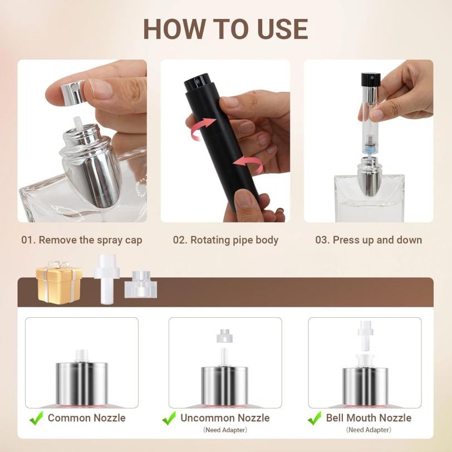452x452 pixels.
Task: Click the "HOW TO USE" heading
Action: coord(225,29)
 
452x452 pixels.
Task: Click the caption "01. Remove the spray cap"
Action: coord(82,240)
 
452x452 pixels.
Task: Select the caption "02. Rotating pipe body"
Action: coord(225,240)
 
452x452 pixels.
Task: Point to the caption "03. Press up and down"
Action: coord(369,240)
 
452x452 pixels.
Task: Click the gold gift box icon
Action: coord(59,282)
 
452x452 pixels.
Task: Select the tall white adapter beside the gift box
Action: coord(107,279)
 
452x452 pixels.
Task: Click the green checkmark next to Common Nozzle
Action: coord(37,418)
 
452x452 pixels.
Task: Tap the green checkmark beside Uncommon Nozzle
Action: coord(169,418)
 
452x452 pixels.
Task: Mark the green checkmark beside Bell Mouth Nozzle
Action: coord(315,418)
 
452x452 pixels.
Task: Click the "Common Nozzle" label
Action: coord(87,418)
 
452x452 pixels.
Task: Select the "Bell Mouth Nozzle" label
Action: coord(369,418)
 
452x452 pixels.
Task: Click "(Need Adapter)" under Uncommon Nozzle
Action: coord(225,430)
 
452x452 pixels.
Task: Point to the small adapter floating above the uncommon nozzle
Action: coord(224,336)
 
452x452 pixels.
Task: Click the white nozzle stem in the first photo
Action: coord(78,124)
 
